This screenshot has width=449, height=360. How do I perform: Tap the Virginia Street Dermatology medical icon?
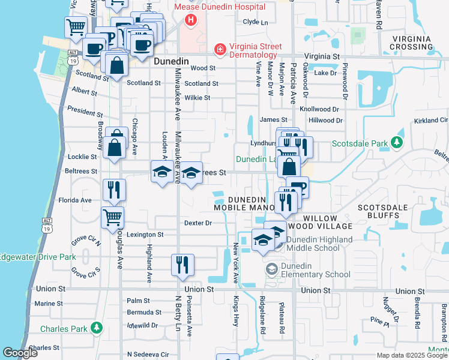tap(221, 48)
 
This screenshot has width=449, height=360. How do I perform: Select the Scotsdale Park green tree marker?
tap(396, 143)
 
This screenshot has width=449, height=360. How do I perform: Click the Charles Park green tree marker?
tap(96, 328)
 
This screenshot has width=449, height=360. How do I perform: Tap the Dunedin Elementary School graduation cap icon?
tap(272, 271)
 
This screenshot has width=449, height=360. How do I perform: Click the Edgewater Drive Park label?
tap(38, 257)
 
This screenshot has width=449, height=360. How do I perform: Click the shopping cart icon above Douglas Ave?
tap(112, 217)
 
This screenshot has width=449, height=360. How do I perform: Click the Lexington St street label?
tap(144, 235)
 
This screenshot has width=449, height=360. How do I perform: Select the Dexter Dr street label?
tap(198, 223)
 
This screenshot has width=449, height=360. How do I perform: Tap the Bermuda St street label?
tap(144, 313)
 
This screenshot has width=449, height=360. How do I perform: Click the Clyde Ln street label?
tap(255, 22)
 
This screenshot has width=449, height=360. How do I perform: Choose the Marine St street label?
tap(49, 304)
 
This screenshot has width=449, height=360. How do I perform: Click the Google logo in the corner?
tap(20, 353)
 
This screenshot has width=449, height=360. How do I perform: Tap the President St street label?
tap(85, 111)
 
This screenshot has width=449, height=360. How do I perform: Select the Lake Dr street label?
tap(326, 73)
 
